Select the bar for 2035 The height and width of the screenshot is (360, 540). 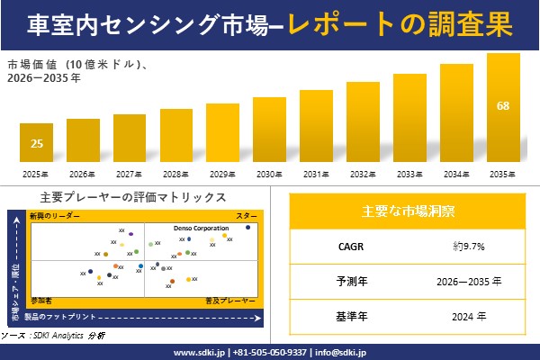pos(502,108)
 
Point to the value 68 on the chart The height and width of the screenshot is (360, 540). pos(502,106)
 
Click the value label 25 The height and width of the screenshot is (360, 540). pos(36,144)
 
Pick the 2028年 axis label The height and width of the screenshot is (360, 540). pos(175,174)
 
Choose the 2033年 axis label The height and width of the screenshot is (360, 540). pos(409,174)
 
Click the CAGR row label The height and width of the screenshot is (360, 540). pos(346,246)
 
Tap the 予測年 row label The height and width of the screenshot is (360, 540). pos(346,281)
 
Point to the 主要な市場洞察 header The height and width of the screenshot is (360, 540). pos(408,211)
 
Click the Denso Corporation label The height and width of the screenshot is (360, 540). pos(201,229)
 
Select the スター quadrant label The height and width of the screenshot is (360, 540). pos(247,217)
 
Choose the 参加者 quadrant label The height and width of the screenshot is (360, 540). pos(40,298)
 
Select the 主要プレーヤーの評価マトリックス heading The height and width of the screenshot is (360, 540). pos(133,197)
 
